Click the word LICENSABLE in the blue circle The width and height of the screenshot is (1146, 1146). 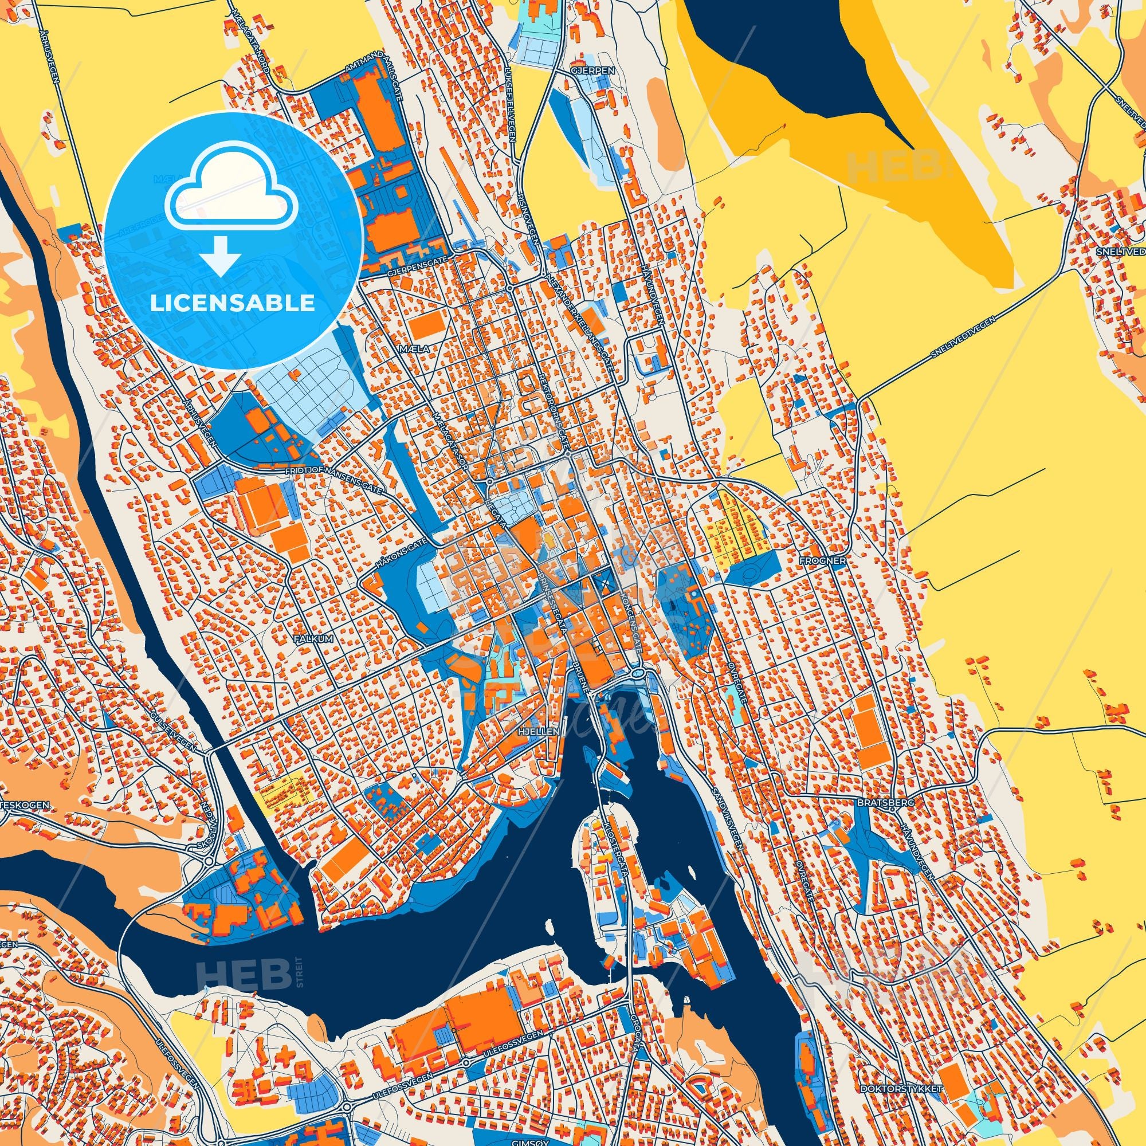(233, 303)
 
